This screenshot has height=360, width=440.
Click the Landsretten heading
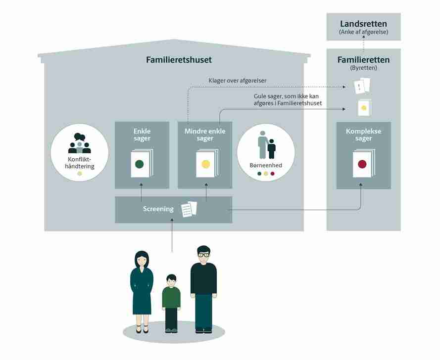[363, 24]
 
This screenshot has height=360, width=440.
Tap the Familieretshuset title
[179, 60]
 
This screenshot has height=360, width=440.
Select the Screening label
[158, 209]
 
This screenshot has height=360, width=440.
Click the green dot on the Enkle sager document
[140, 164]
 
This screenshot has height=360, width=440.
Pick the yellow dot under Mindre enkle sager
[206, 164]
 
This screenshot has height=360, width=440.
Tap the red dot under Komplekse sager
[362, 164]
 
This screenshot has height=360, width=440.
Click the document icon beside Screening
[189, 209]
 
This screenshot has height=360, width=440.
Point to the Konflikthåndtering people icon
[79, 143]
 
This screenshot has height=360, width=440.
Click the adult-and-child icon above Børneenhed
[267, 145]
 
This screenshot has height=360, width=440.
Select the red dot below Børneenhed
[272, 174]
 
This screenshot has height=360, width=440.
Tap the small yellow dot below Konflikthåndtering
[80, 174]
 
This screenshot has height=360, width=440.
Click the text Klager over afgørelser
[238, 81]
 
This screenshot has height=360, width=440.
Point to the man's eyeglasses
[204, 255]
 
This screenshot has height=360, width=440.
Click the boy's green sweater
[171, 297]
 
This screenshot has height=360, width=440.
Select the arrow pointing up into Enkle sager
[141, 192]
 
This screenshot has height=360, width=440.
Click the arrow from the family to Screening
[172, 235]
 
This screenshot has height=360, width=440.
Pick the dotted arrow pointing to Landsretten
[363, 43]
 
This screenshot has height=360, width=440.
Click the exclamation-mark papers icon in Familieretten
[362, 86]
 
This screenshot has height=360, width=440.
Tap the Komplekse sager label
[363, 135]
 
